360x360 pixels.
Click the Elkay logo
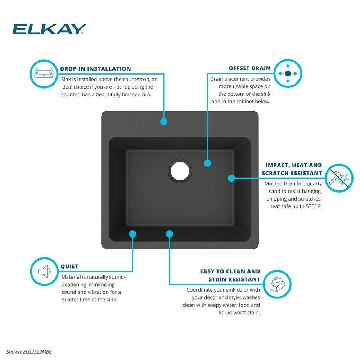click(x=49, y=29)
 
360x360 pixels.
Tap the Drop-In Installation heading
click(x=95, y=69)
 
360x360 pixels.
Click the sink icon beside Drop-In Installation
click(x=44, y=74)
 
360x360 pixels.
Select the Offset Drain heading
click(x=249, y=68)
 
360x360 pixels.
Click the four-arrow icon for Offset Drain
click(x=288, y=73)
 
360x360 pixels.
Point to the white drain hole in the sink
click(x=180, y=171)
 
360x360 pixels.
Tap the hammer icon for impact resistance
click(x=339, y=178)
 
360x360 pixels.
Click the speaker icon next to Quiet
click(x=44, y=271)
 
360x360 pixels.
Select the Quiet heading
click(x=69, y=266)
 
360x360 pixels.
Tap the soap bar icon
click(x=277, y=284)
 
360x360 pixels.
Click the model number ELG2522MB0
click(x=37, y=352)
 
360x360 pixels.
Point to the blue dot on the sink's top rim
click(x=164, y=121)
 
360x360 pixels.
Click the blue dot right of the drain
click(x=208, y=163)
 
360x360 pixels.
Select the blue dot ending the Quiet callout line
click(x=132, y=234)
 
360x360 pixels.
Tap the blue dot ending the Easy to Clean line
click(x=170, y=234)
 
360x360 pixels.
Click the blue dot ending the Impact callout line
click(x=231, y=178)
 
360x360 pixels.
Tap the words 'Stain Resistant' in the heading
click(x=234, y=279)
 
